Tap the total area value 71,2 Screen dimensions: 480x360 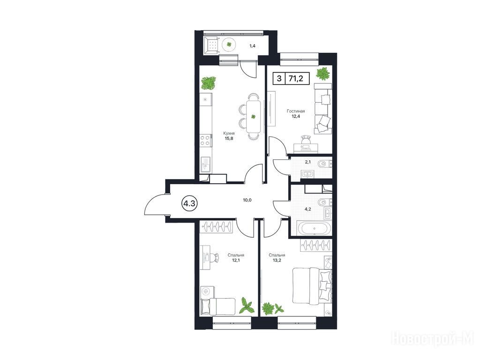tap(295, 78)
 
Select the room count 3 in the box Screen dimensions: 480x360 tap(279, 78)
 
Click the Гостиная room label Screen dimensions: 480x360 tap(296, 111)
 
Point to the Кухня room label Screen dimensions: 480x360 tap(229, 133)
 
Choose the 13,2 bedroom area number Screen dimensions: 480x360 tap(277, 261)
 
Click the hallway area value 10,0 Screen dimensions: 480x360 tap(247, 200)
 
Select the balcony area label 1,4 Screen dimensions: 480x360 tap(252, 46)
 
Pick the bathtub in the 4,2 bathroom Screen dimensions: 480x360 tap(314, 228)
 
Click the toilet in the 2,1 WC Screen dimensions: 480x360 tap(323, 165)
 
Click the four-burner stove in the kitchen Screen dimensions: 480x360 tap(205, 141)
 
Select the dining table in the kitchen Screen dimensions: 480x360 tap(253, 116)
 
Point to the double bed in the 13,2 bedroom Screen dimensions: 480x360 tap(312, 286)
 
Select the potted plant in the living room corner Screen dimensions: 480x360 tap(323, 74)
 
